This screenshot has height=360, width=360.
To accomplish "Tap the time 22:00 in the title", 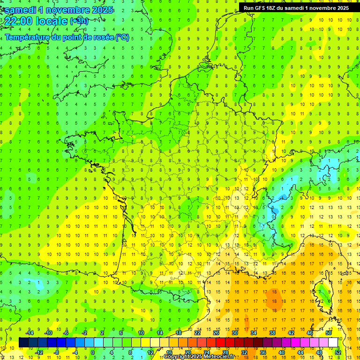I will click(20, 21).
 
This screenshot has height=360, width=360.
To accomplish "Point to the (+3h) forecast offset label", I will click(78, 21).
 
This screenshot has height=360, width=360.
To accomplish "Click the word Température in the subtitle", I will click(28, 37).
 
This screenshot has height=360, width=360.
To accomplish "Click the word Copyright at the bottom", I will click(177, 357).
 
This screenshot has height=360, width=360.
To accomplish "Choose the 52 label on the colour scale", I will click(337, 352).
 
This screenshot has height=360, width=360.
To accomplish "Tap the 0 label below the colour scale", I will click(93, 352).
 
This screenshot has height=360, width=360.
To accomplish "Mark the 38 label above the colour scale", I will click(272, 333).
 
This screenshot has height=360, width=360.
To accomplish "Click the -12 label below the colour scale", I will click(39, 352).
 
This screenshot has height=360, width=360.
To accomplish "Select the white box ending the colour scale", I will click(333, 342).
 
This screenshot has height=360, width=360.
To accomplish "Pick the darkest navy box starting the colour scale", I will click(23, 342).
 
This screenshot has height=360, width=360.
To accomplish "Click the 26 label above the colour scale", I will click(216, 333).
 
